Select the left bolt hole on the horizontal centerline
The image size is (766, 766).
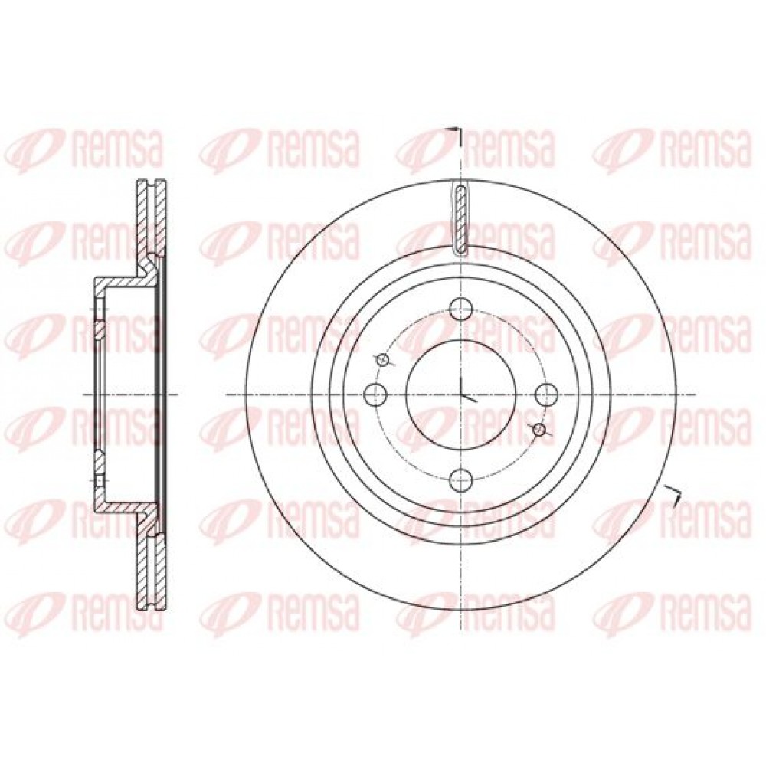[x=376, y=394]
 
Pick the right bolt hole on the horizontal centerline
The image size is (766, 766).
[x=547, y=394]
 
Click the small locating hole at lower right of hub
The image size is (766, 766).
[x=539, y=429]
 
